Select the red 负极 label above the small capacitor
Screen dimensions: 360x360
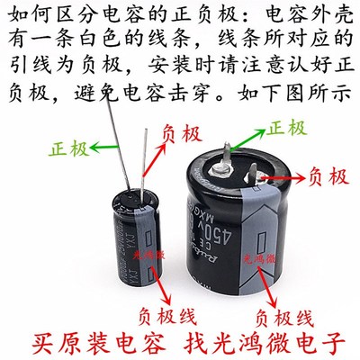(179, 131)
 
